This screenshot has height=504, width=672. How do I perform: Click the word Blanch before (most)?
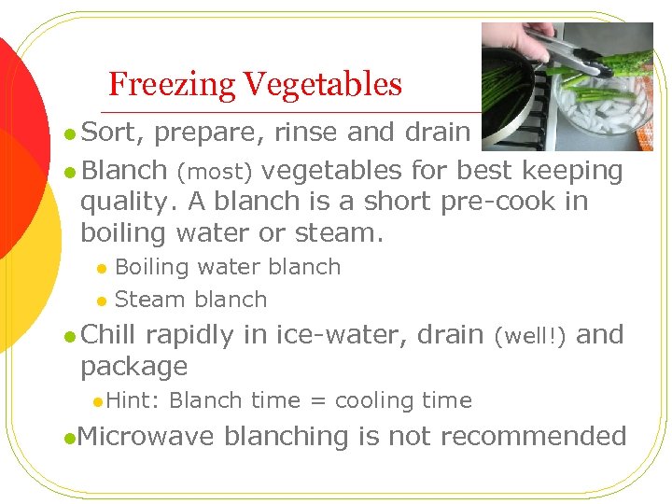pos(124,171)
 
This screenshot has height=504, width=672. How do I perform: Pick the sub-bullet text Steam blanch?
pos(190,300)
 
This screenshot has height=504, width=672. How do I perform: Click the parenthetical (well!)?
pos(528,336)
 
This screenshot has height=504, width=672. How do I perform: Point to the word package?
pos(133,367)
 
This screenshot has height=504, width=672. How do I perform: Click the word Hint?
pos(133,401)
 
